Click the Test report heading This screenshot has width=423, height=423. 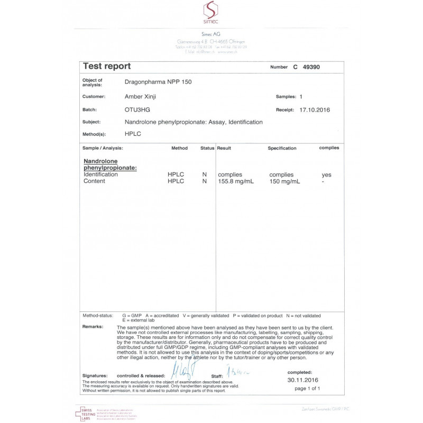pos(107,67)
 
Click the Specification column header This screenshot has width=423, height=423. pos(282,149)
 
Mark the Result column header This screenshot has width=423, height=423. pos(224,148)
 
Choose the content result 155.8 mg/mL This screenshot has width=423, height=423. pos(235,181)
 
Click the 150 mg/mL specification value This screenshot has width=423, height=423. pos(285,181)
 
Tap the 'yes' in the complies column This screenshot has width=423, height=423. pos(327,174)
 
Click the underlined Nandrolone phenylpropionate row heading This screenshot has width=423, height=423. pos(110,164)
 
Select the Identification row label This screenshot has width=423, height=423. pos(101,174)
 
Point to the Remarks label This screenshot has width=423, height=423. pos(93,327)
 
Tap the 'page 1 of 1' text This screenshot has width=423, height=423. pos(307,389)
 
